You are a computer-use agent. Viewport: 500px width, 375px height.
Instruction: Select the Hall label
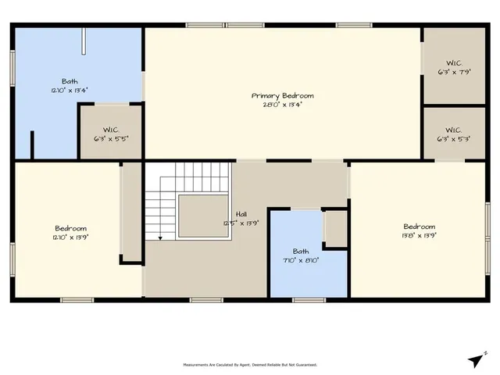242,213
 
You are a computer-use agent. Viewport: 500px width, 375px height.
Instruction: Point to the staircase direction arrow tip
159,237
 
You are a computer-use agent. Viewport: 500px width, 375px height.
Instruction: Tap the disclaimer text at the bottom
249,365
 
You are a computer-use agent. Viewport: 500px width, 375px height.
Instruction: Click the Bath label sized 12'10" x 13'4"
70,81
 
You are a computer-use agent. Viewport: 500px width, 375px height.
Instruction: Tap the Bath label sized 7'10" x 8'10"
301,252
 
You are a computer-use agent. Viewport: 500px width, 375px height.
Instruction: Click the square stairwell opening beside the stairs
202,215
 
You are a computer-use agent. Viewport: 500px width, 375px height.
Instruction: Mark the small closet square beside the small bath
336,227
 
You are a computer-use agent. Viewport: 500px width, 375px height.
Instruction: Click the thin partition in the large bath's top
84,42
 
